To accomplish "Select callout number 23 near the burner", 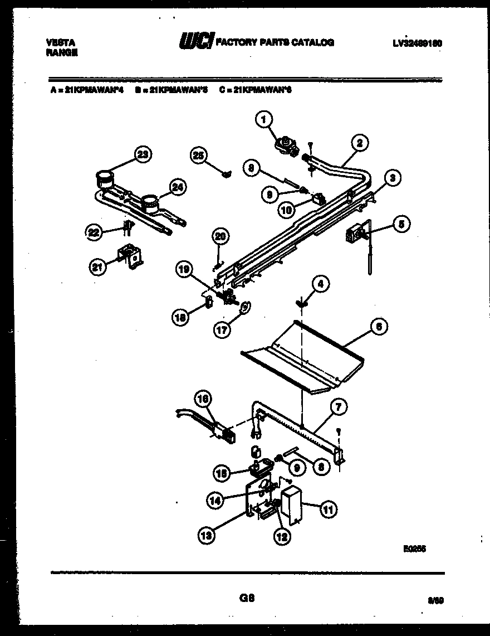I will pyautogui.click(x=143, y=156).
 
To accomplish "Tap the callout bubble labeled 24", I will pyautogui.click(x=178, y=188).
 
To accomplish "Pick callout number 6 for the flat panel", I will pyautogui.click(x=378, y=328).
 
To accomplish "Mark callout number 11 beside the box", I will pyautogui.click(x=328, y=508).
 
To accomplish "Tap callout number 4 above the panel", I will pyautogui.click(x=320, y=284).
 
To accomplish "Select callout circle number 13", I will pyautogui.click(x=207, y=536).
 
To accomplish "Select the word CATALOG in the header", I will pyautogui.click(x=315, y=42).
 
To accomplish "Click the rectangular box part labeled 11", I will pyautogui.click(x=291, y=505).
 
